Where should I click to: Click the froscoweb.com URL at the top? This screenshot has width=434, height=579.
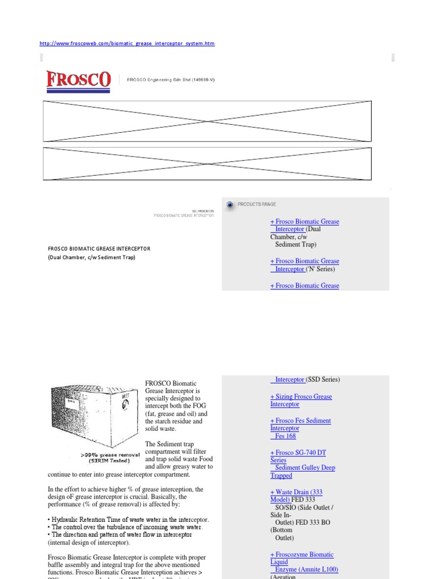tap(127, 44)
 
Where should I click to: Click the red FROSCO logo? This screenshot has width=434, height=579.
tap(78, 80)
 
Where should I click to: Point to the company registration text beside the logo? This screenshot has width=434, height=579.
tap(171, 80)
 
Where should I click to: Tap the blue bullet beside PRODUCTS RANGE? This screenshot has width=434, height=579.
tap(230, 205)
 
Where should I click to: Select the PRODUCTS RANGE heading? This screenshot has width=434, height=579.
tap(257, 204)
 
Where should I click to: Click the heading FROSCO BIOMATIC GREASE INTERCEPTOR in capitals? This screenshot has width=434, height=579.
tap(99, 248)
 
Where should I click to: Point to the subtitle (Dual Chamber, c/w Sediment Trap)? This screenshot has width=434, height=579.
tap(92, 257)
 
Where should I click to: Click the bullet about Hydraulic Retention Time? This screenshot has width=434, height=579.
tap(129, 519)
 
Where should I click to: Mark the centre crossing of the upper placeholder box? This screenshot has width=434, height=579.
tap(207, 121)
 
